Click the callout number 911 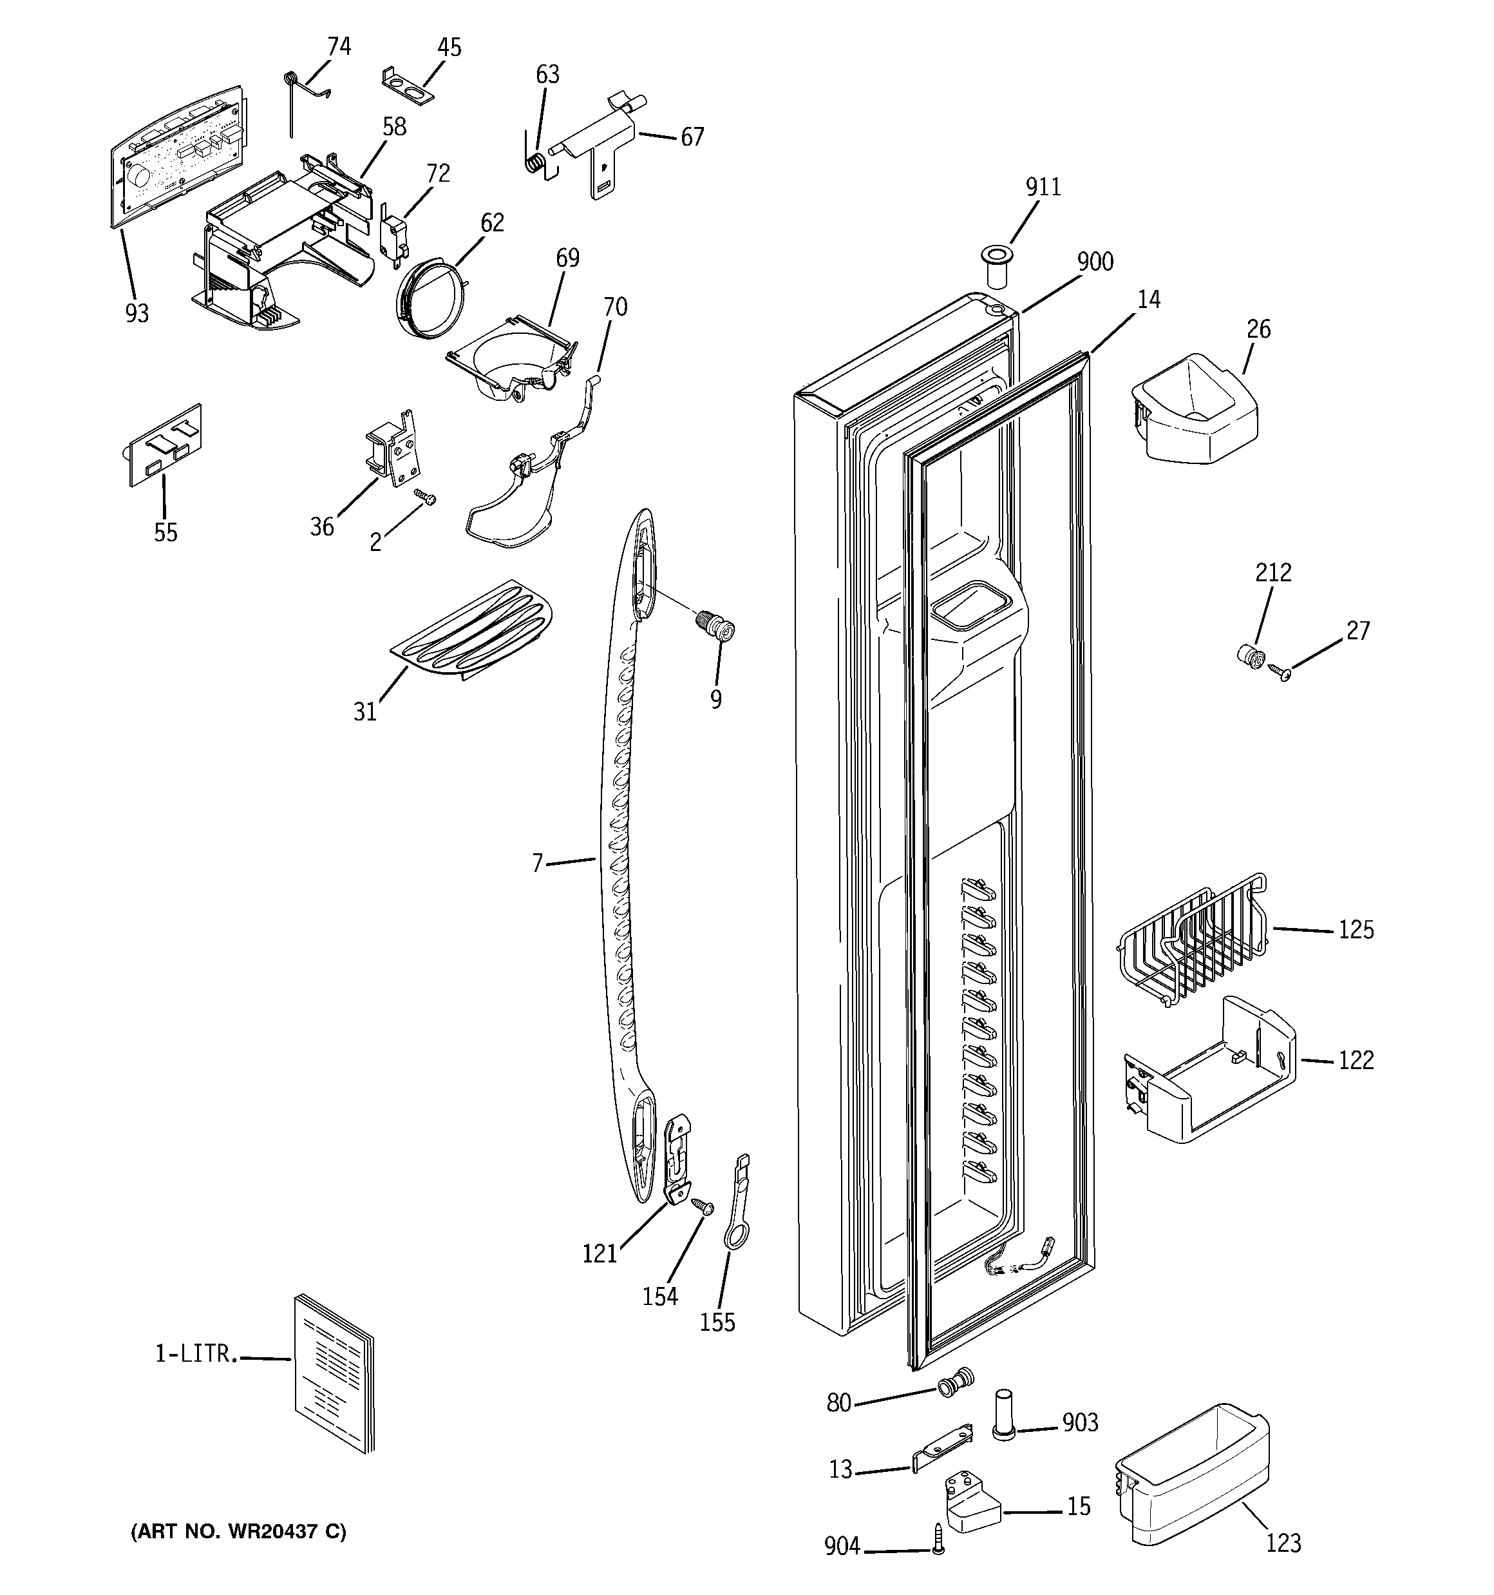click(1043, 187)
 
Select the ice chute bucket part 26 click(1193, 409)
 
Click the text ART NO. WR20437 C click(238, 1532)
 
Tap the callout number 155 click(717, 1322)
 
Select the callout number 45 click(449, 48)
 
